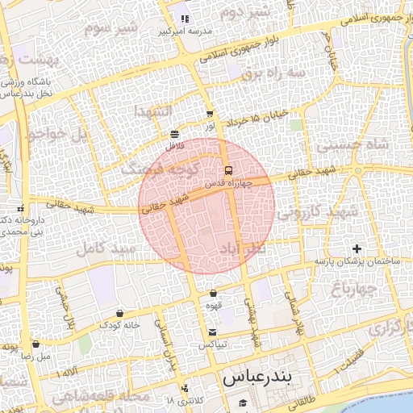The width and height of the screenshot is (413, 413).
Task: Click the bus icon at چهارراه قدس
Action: click(229, 170)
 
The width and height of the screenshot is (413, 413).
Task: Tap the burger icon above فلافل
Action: click(175, 134)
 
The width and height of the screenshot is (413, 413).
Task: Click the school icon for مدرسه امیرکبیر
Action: click(185, 19)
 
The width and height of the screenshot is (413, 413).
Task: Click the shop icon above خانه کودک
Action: click(119, 312)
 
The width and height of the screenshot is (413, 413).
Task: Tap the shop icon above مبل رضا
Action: click(35, 344)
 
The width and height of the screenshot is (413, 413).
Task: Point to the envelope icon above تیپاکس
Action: click(212, 332)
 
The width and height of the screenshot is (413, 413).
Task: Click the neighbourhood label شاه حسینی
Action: click(353, 145)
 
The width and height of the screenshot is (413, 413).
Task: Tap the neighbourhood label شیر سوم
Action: click(111, 27)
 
